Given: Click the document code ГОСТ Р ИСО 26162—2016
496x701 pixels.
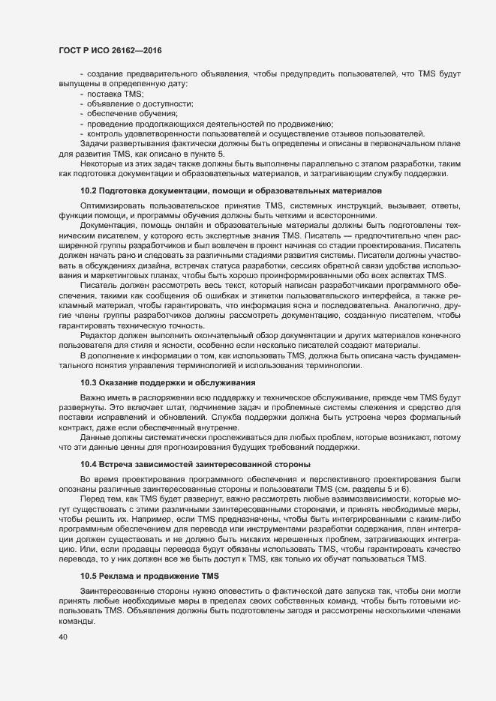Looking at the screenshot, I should tap(110, 50).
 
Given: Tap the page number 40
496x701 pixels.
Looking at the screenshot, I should tap(62, 638).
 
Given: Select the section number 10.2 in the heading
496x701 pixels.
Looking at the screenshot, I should tap(89, 192).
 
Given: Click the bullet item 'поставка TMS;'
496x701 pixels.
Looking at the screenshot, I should tap(110, 94).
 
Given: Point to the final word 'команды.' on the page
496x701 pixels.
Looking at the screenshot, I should tap(75, 622).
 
